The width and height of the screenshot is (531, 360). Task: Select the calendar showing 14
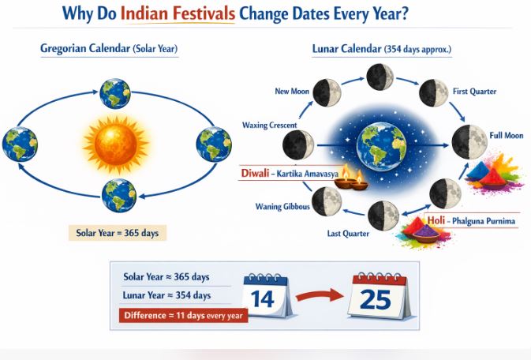pyautogui.click(x=268, y=295)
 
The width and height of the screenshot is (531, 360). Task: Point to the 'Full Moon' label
pyautogui.click(x=505, y=136)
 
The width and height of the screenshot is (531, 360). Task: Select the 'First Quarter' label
pyautogui.click(x=474, y=92)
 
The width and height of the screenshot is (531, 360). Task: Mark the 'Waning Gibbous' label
pyautogui.click(x=281, y=207)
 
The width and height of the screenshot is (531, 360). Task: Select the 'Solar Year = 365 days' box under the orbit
pyautogui.click(x=117, y=234)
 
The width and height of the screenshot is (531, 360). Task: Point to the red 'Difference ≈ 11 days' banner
pyautogui.click(x=184, y=315)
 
